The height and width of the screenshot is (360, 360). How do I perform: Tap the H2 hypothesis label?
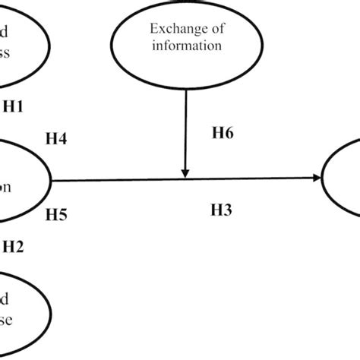pos(14,245)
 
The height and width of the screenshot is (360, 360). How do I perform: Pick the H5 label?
pos(55,215)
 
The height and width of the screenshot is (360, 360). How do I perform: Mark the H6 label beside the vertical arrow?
pos(223,134)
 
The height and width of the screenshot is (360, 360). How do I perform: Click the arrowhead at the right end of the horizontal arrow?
pos(315,179)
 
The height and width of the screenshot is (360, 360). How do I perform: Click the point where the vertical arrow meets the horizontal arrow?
pos(185,179)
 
